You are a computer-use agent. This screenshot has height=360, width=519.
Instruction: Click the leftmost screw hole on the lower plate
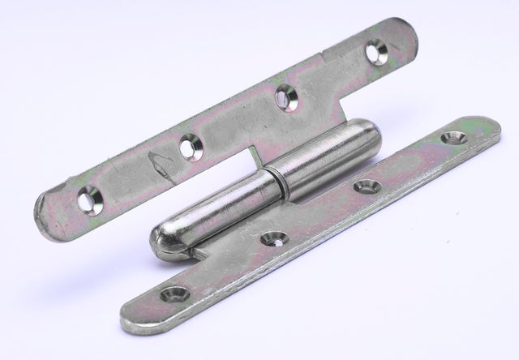(x=175, y=294)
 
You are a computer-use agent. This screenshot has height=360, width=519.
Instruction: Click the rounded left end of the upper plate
(x=45, y=209)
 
